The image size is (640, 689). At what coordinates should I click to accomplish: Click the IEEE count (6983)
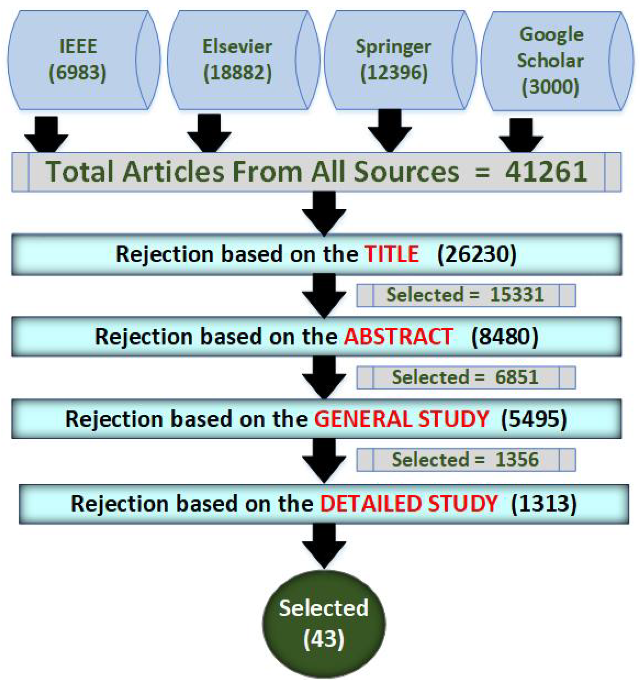click(x=77, y=73)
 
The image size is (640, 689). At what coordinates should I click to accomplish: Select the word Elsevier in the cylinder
click(x=237, y=47)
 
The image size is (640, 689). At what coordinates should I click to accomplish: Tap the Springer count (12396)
click(x=394, y=73)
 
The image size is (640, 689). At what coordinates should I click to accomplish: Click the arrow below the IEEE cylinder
click(x=46, y=135)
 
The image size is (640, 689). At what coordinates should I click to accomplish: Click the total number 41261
click(x=546, y=172)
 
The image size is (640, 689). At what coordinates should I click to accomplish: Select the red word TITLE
click(x=392, y=254)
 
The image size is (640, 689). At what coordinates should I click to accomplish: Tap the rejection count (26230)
click(x=477, y=254)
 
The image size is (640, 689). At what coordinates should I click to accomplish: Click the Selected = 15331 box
click(x=466, y=295)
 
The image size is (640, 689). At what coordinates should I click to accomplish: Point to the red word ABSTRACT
click(x=398, y=336)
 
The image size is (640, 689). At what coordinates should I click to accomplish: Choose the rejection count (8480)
click(x=505, y=336)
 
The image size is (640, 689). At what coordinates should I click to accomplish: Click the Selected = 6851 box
click(x=466, y=377)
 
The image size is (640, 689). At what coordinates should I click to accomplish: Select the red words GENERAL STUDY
click(x=402, y=419)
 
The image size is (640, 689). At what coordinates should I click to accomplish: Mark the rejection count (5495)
click(x=534, y=419)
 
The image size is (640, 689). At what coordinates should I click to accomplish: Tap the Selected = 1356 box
click(x=466, y=460)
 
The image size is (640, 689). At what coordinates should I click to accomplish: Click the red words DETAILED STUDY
click(x=408, y=504)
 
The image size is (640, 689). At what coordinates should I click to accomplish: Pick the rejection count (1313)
click(x=543, y=504)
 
